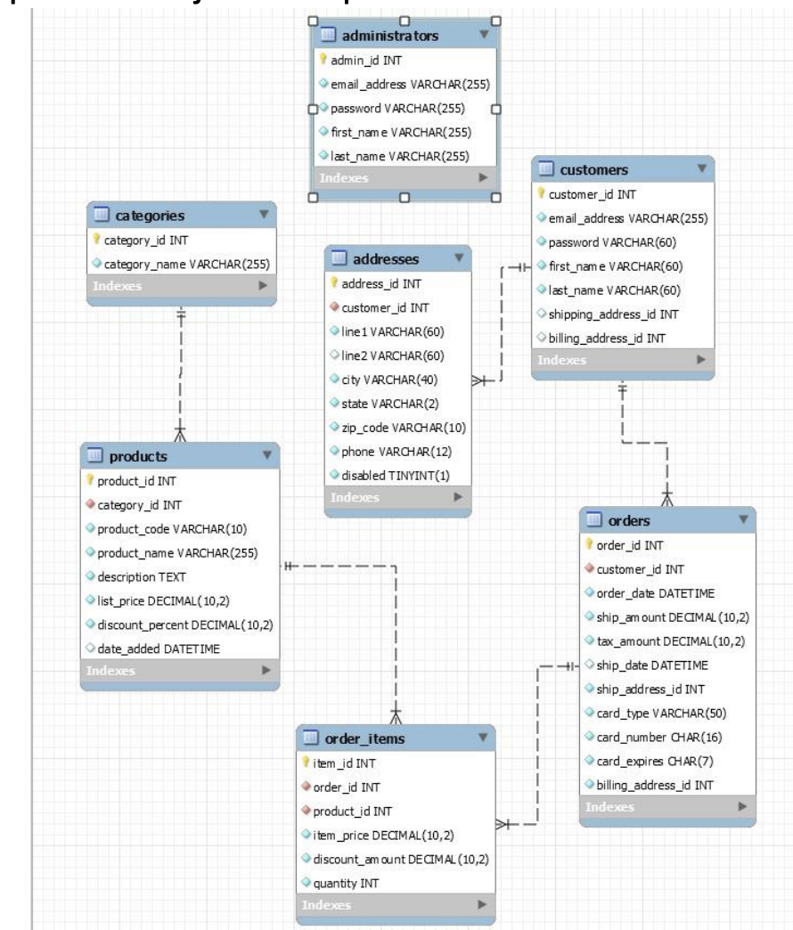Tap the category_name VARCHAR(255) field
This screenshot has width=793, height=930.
pyautogui.click(x=186, y=264)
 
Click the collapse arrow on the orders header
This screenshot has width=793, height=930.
pyautogui.click(x=742, y=519)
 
